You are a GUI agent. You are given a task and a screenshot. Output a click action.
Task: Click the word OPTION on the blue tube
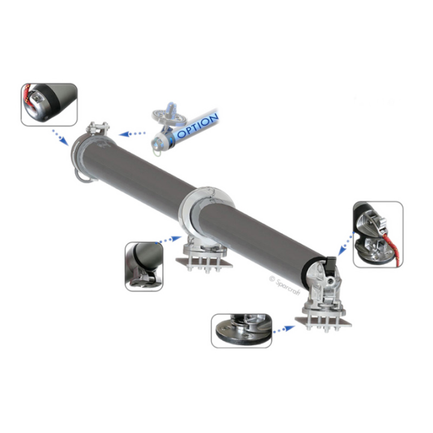pos(198,126)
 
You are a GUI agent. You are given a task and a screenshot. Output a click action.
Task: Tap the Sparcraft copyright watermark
pos(284,285)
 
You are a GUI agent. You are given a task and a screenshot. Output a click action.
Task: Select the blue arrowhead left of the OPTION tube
pos(124,135)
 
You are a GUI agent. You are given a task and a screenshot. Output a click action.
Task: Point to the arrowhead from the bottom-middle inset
pos(176,238)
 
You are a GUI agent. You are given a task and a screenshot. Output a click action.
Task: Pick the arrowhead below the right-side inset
pos(342,250)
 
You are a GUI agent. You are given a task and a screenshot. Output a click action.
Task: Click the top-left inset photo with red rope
pos(49,105)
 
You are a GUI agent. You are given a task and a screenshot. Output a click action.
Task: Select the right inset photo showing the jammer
pos(378,235)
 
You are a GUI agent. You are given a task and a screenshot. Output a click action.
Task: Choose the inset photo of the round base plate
pos(241,331)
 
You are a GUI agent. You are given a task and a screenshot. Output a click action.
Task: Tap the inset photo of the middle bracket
pos(144,266)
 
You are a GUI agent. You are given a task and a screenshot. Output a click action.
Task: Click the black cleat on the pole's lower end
pos(331,263)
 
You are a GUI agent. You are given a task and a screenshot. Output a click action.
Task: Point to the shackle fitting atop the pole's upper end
pos(97,128)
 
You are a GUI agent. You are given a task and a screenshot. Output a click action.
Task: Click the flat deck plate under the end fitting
pos(324,321)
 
